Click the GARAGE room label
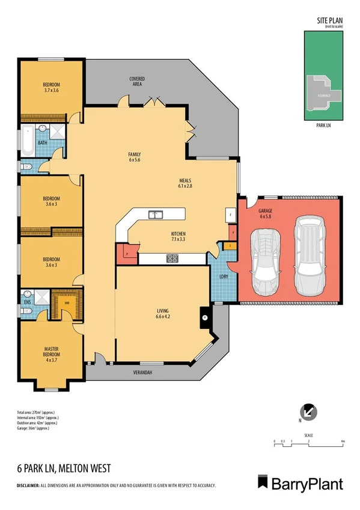point(265,212)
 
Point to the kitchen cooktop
point(172,259)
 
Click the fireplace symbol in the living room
point(204,318)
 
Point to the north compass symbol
point(308,412)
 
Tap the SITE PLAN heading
point(329,21)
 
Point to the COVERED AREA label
point(137,81)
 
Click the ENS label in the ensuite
point(26,302)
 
